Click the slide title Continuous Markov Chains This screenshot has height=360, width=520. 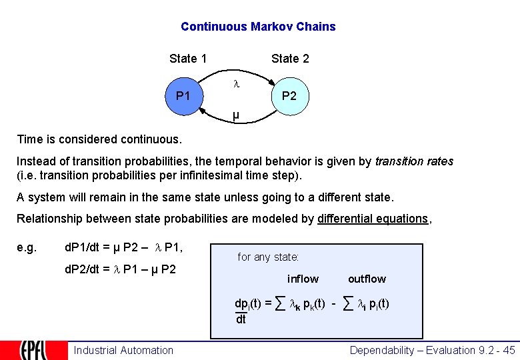[x=258, y=27]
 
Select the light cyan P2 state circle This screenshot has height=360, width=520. [x=289, y=96]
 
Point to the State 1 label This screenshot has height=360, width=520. [x=188, y=59]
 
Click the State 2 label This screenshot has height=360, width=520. [x=290, y=59]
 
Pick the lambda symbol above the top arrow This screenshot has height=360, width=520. [x=235, y=85]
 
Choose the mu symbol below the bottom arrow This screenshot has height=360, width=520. [x=235, y=116]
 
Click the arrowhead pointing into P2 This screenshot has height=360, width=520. [x=271, y=81]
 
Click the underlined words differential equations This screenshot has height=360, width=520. [x=373, y=219]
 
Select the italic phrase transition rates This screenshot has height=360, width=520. [x=414, y=161]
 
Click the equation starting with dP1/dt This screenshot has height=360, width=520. [x=123, y=247]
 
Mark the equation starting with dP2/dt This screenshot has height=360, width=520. [x=120, y=270]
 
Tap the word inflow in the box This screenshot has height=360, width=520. [x=303, y=279]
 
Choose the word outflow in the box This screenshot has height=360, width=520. [x=367, y=279]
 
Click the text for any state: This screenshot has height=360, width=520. [x=268, y=257]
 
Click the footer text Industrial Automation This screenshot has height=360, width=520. [x=123, y=350]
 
